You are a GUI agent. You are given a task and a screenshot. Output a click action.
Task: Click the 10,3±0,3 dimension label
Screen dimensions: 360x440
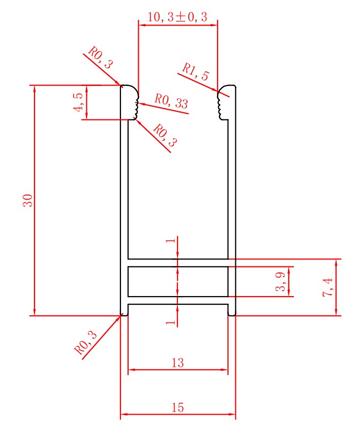tap(177, 17)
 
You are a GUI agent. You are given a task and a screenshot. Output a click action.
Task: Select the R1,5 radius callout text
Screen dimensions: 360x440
tap(196, 72)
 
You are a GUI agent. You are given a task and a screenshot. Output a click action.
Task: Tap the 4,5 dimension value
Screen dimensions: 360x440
tap(79, 102)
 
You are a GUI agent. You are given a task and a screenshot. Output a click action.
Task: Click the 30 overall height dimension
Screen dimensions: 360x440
tap(28, 200)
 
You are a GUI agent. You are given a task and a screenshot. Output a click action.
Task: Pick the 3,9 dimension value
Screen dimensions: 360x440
tap(280, 282)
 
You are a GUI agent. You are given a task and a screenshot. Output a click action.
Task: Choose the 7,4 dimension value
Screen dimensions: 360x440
tap(327, 287)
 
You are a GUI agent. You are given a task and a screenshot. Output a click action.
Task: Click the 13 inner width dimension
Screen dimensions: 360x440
tap(177, 363)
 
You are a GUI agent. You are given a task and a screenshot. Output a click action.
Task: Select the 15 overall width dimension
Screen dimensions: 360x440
tap(177, 407)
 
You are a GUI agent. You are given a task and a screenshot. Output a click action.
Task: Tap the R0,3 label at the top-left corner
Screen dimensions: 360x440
tap(101, 57)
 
